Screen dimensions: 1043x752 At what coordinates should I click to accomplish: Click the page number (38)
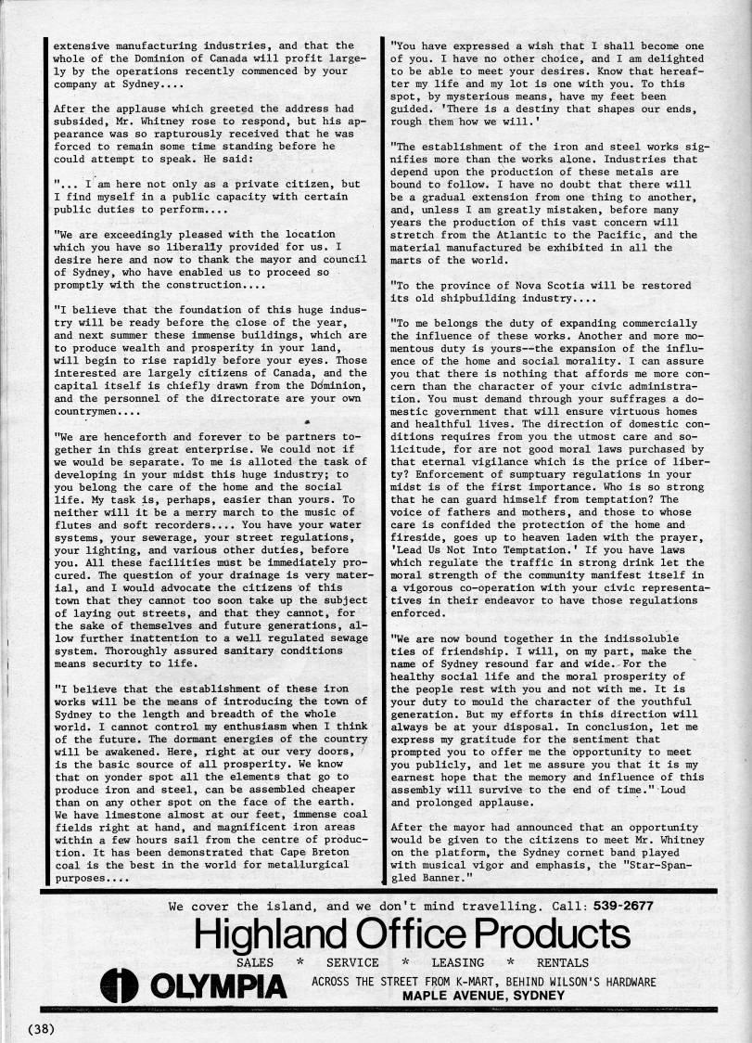click(43, 1028)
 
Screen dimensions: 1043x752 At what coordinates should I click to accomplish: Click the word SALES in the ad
click(256, 963)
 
